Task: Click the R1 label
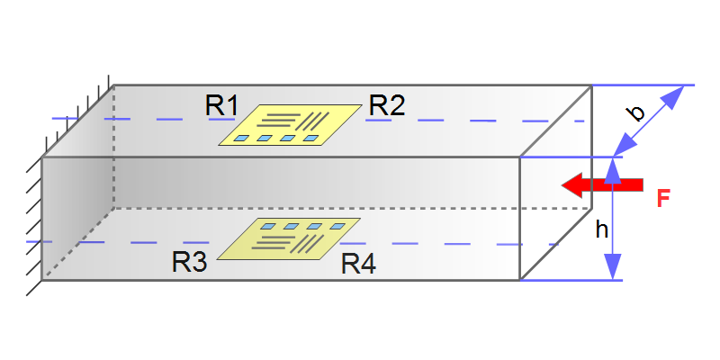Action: pyautogui.click(x=221, y=105)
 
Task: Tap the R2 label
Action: pyautogui.click(x=386, y=105)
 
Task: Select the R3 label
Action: pyautogui.click(x=190, y=263)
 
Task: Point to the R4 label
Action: pyautogui.click(x=358, y=264)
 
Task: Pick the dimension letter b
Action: pyautogui.click(x=635, y=113)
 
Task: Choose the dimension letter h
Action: pyautogui.click(x=602, y=229)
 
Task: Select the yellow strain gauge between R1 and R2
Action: pyautogui.click(x=287, y=125)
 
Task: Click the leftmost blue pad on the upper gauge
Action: pyautogui.click(x=242, y=139)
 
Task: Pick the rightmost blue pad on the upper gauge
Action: pyautogui.click(x=311, y=139)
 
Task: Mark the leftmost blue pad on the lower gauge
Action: pyautogui.click(x=269, y=225)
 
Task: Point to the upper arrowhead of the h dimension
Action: pyautogui.click(x=612, y=167)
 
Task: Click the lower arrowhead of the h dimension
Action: pyautogui.click(x=612, y=269)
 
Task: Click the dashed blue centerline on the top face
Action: pyautogui.click(x=450, y=119)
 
